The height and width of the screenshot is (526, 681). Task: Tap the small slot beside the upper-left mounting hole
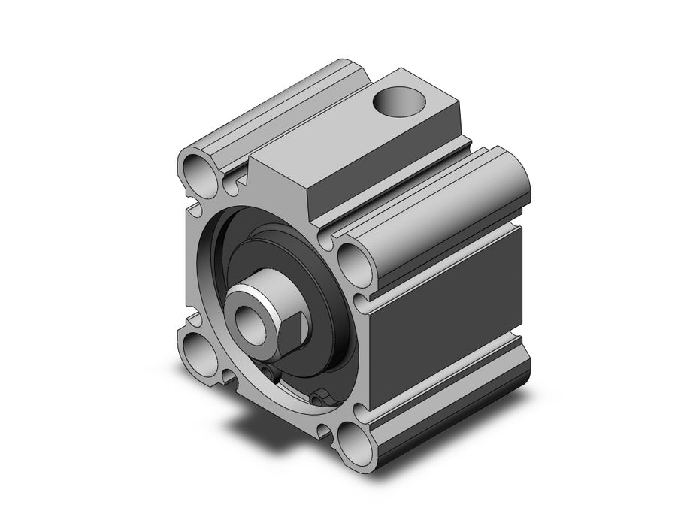[239, 179]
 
